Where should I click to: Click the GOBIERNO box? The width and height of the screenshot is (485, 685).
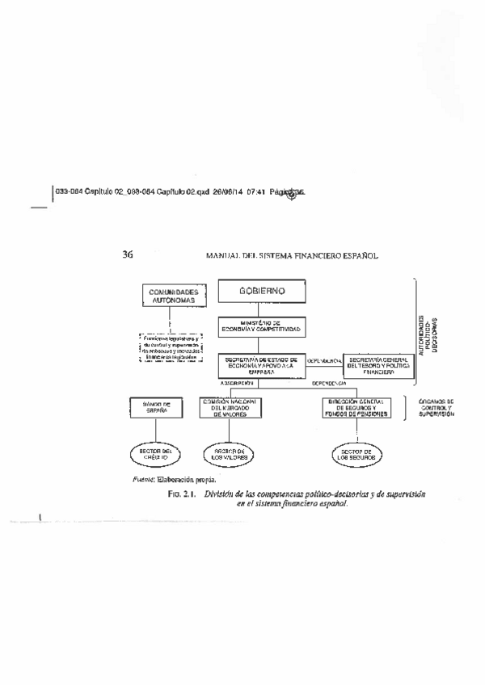[x=263, y=292]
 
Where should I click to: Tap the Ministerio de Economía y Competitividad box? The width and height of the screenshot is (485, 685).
[x=264, y=326]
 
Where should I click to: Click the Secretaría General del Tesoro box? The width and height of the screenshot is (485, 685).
[x=378, y=367]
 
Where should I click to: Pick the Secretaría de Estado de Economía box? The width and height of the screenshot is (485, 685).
[x=263, y=365]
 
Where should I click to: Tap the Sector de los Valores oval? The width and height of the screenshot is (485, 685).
[x=229, y=455]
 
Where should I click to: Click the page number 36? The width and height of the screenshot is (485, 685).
[x=128, y=255]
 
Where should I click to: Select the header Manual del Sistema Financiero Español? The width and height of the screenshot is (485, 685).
[x=292, y=256]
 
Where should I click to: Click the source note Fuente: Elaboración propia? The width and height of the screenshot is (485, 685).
[x=175, y=479]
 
